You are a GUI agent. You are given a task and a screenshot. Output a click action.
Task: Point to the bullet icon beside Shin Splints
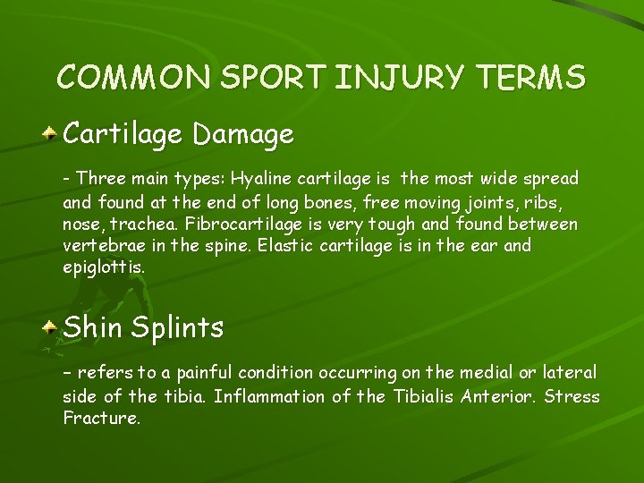53,327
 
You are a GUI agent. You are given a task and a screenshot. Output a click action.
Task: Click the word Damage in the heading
242,135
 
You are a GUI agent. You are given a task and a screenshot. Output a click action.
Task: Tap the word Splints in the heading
177,327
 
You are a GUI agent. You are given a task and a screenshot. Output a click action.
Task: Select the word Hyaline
260,179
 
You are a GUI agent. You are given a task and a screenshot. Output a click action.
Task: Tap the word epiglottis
102,267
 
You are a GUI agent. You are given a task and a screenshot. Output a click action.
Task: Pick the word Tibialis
421,395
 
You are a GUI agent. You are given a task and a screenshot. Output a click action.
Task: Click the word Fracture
101,418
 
